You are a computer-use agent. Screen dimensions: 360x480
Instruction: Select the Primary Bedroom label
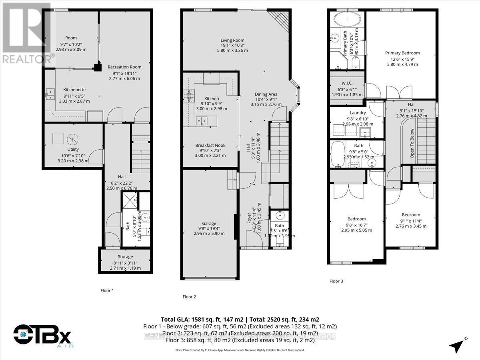(x=402, y=53)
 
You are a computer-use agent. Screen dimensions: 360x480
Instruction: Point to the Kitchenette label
(x=74, y=90)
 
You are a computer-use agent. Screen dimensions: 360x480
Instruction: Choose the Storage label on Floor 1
(x=125, y=256)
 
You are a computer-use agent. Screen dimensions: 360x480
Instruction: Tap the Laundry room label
(x=358, y=113)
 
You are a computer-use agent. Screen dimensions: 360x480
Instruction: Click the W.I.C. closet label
(x=347, y=83)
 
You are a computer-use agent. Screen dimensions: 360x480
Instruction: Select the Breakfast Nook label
(x=210, y=145)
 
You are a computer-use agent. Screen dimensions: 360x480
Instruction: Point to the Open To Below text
(x=412, y=143)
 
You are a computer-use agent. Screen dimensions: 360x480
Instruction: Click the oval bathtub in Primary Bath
(x=347, y=19)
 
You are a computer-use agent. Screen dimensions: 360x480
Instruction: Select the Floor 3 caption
(x=336, y=281)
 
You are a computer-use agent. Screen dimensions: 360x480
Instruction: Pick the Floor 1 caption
(x=107, y=291)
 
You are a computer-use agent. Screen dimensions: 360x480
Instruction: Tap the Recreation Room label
(x=124, y=67)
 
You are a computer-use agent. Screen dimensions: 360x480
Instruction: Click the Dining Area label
(x=266, y=94)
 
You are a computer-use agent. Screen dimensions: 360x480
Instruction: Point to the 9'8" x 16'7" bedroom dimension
(x=356, y=224)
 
